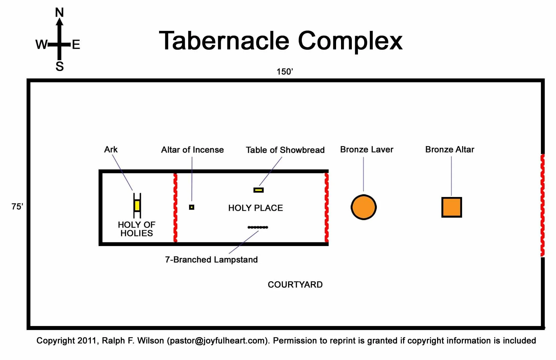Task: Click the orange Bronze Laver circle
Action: [x=364, y=207]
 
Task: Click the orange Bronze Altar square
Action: [x=451, y=207]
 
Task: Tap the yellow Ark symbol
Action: [x=137, y=206]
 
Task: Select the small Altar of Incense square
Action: [x=192, y=207]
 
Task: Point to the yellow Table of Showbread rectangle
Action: [x=259, y=190]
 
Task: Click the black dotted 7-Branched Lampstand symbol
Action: [x=258, y=227]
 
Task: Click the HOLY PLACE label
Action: [x=255, y=208]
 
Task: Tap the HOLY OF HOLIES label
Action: [x=137, y=229]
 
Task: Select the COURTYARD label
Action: [x=295, y=284]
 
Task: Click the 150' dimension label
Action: [x=284, y=72]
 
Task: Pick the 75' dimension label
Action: [x=17, y=207]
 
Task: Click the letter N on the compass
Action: [x=59, y=13]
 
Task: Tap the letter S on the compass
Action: [x=60, y=66]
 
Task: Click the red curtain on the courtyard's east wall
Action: [x=542, y=205]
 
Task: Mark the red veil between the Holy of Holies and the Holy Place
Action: [x=175, y=207]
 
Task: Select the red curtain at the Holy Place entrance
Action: [x=326, y=207]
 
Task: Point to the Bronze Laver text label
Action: [x=367, y=149]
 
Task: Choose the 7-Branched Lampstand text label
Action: [x=211, y=260]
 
